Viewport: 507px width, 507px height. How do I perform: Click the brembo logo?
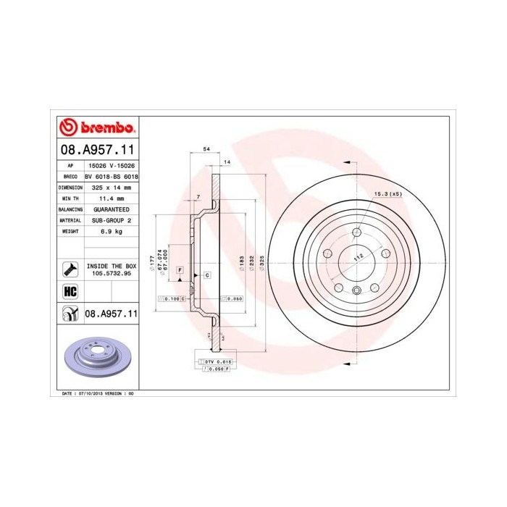[96, 128]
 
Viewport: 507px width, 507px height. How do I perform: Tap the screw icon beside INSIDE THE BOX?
[71, 269]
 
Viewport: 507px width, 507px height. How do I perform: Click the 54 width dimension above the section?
[206, 148]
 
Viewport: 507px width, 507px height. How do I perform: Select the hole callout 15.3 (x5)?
[388, 194]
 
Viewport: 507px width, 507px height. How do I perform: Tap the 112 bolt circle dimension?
[357, 256]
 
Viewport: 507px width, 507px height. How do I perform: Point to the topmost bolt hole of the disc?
[357, 232]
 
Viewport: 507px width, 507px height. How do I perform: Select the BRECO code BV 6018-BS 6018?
[111, 176]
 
